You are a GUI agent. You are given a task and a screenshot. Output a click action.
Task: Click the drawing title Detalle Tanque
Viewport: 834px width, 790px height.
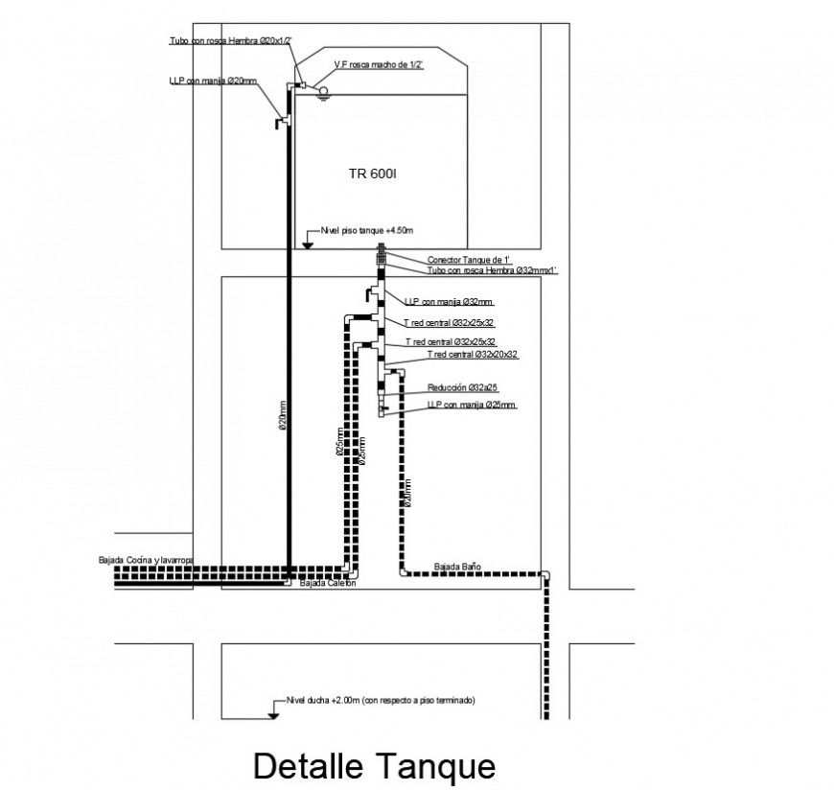[374, 766]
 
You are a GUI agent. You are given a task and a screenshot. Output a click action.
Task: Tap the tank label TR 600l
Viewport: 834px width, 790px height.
[373, 174]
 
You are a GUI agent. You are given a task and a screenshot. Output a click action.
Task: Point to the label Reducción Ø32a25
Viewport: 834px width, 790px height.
[463, 387]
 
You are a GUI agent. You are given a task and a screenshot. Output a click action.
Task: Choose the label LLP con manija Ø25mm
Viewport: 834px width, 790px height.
[472, 406]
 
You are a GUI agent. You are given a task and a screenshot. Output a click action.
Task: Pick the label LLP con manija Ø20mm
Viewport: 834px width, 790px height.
[213, 81]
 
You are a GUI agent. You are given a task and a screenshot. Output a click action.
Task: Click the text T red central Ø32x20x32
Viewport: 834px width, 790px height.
[461, 355]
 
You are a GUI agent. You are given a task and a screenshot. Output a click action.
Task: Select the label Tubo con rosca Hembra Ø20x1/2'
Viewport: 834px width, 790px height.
[224, 40]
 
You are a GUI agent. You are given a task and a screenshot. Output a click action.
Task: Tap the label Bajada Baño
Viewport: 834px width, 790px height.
[456, 567]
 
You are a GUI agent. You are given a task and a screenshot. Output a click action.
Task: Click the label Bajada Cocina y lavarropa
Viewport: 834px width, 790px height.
[146, 559]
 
